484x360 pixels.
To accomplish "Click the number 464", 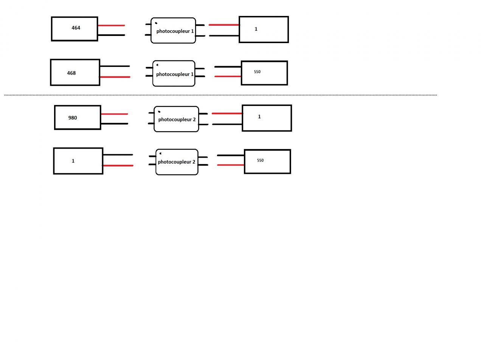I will point(76,28).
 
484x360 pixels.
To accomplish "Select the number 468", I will point(71,73).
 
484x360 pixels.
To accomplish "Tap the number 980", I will point(72,118).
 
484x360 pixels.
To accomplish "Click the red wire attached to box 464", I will point(112,25).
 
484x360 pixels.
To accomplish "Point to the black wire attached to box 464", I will point(112,35).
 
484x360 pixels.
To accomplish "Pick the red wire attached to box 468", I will point(115,77).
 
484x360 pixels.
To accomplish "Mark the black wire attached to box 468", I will point(115,66).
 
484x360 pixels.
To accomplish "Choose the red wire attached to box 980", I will point(115,114).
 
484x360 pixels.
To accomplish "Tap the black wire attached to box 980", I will point(115,124).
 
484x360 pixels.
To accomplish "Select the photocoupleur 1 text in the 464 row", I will point(175,31).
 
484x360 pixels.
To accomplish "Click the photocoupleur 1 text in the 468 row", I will point(175,74).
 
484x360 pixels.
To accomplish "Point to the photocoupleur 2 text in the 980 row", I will point(177,119).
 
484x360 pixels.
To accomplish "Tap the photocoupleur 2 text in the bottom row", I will point(177,162).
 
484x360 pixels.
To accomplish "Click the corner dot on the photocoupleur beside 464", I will point(156,23).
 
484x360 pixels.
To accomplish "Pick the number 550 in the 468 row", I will point(257,72).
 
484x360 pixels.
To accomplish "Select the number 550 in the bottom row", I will point(260,160).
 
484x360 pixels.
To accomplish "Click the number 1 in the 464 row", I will point(256,29).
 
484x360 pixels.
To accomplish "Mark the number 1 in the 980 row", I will point(259,117).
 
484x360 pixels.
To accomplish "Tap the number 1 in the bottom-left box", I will point(73,161).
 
